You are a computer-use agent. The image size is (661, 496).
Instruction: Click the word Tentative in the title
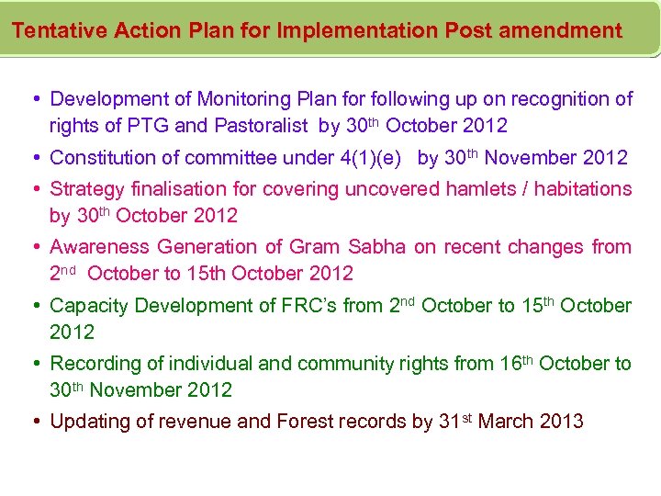60,30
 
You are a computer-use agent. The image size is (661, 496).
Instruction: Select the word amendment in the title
559,30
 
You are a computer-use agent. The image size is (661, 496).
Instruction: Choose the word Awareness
99,247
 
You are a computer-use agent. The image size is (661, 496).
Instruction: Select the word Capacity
86,306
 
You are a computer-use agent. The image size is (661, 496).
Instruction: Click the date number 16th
515,364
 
